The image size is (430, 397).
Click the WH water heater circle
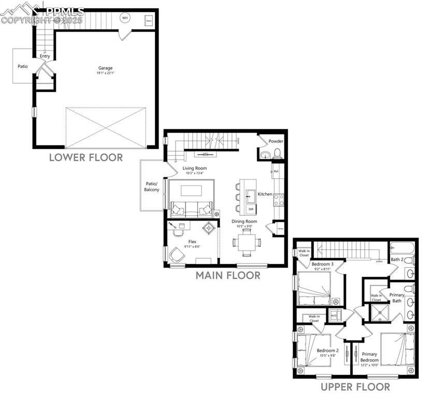[124, 18]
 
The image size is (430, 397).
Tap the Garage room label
[106, 68]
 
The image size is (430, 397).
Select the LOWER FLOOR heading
[86, 157]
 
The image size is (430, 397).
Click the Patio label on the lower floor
[23, 66]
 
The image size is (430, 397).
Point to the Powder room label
[276, 141]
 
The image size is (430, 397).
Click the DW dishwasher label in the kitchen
[251, 209]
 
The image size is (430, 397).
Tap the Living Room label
[194, 168]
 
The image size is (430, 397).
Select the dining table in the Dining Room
[247, 242]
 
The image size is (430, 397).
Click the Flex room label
[192, 241]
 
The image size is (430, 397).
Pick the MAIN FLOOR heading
[228, 275]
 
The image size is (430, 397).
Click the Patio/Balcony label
[152, 186]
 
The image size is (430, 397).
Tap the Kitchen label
[265, 194]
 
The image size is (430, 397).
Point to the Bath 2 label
[397, 259]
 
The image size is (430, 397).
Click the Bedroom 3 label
[322, 264]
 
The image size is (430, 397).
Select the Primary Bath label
[397, 297]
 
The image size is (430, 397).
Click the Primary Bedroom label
[369, 357]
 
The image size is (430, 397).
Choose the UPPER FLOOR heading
[355, 387]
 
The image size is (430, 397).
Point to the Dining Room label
[244, 221]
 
